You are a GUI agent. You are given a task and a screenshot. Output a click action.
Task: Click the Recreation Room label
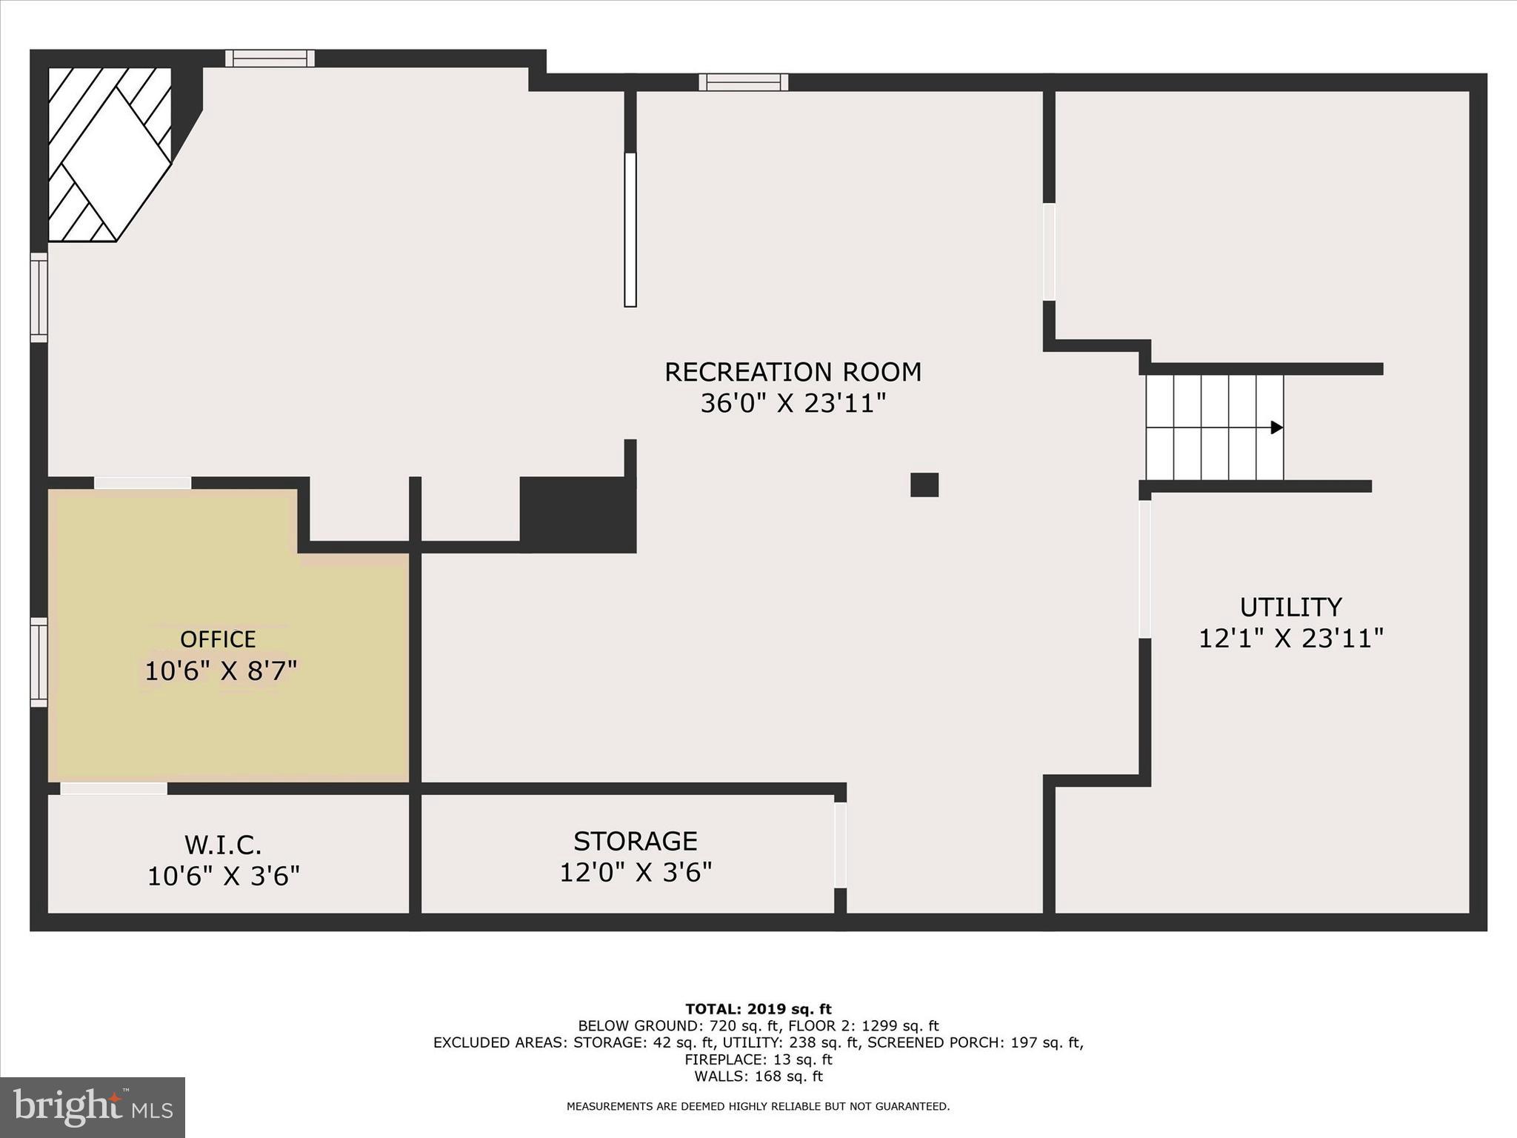coord(793,372)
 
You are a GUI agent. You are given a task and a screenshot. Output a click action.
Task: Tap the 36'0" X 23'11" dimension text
coord(793,404)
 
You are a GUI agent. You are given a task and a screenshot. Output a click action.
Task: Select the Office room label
coord(218,639)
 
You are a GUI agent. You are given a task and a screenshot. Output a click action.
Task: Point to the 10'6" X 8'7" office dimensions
coord(220,671)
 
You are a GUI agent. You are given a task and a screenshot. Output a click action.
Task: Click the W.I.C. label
coord(222,845)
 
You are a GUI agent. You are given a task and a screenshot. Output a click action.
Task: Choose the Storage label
coord(635,841)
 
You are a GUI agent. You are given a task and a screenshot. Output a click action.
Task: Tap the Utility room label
coord(1290,608)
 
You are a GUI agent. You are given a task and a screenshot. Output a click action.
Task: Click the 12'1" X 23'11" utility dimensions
coord(1290,639)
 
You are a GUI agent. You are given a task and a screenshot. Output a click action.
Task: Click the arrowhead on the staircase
coord(1276,427)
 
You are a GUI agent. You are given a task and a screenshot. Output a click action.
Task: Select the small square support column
coord(924,485)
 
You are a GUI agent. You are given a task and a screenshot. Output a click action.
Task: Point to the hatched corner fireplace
coord(107,154)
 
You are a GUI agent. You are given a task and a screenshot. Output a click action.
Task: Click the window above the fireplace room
coord(270,59)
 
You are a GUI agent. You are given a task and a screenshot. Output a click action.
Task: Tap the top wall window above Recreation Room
coord(743,82)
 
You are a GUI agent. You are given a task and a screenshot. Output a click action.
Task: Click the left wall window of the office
coord(39,662)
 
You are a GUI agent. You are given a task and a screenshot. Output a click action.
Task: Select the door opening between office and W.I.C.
coord(113,788)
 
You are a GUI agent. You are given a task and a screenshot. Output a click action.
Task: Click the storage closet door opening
coord(840,845)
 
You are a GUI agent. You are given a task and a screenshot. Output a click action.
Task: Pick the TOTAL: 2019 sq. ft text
coord(758,1009)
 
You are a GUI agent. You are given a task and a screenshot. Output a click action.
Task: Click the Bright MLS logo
coord(92,1107)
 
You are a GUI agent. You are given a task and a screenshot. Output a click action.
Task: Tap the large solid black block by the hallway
coord(578,514)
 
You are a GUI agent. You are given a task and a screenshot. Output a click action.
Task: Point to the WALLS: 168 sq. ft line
coord(758,1077)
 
